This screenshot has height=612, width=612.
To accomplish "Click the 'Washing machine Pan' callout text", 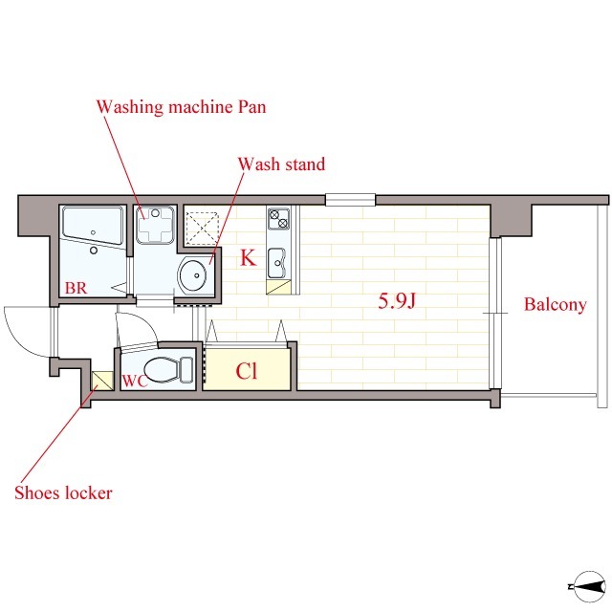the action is click(182, 107).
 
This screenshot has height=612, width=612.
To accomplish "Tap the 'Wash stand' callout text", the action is click(281, 164).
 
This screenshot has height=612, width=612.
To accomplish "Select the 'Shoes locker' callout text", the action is click(64, 493).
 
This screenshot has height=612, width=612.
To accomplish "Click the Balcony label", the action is click(555, 304).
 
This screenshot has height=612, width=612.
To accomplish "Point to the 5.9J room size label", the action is click(398, 301).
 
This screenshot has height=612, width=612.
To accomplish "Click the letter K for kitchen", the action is click(249, 257).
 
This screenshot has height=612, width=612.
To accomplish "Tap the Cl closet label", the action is click(247, 371).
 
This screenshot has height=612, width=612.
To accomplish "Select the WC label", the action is click(135, 381).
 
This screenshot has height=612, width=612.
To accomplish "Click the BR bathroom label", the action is click(76, 288).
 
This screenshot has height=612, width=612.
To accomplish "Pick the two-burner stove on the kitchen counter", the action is click(278, 219).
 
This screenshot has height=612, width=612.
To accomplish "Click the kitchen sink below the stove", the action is click(277, 264).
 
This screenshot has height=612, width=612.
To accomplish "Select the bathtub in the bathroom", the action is click(93, 226).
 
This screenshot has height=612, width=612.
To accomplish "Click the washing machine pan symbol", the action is click(155, 225).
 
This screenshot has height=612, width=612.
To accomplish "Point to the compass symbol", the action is click(589, 586).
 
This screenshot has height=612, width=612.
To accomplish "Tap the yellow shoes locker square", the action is click(102, 381).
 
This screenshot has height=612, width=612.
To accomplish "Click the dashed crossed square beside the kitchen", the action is click(201, 228).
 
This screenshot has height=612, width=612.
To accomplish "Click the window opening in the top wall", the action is click(351, 200).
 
